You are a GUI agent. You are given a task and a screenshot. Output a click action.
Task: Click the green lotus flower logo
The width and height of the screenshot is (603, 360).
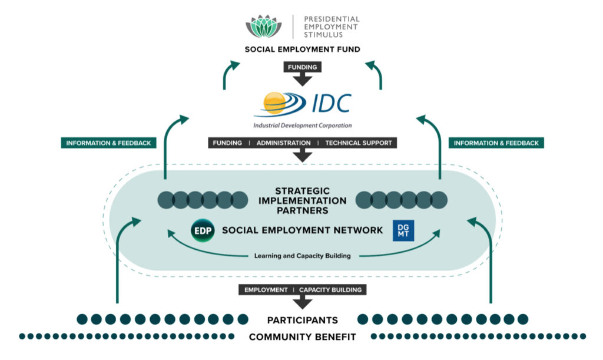(x=263, y=26)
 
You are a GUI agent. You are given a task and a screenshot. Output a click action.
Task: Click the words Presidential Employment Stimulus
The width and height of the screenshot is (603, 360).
(x=331, y=27)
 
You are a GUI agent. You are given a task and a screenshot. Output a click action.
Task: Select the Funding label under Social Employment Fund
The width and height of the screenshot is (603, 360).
(x=302, y=67)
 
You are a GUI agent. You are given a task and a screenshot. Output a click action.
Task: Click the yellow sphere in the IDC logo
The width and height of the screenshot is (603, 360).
(x=275, y=103)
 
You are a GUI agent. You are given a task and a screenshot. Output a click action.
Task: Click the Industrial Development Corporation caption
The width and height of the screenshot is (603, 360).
(x=302, y=125)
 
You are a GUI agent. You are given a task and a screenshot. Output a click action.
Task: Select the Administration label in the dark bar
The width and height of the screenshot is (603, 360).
(x=283, y=143)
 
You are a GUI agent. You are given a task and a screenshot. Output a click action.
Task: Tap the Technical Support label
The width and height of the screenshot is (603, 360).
(x=358, y=143)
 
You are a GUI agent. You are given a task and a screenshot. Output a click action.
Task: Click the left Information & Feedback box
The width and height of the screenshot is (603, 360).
(x=108, y=143)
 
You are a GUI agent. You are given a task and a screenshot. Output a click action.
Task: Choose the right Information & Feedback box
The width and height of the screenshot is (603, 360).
(x=496, y=143)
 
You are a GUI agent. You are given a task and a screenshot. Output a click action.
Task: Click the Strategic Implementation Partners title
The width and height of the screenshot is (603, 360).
(x=302, y=200)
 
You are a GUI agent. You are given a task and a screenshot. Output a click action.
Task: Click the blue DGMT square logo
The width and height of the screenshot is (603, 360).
(x=403, y=230)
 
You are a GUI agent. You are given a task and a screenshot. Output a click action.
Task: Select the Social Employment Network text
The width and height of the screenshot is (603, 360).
(x=302, y=230)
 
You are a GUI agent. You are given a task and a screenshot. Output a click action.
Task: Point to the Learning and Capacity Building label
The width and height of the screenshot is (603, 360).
(x=302, y=256)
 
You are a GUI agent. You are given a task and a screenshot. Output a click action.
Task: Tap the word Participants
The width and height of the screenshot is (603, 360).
(x=302, y=320)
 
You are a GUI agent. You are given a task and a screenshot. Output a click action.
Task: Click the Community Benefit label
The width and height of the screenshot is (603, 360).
(x=302, y=337)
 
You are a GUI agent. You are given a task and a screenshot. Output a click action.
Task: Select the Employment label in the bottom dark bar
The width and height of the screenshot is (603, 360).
(x=266, y=290)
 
